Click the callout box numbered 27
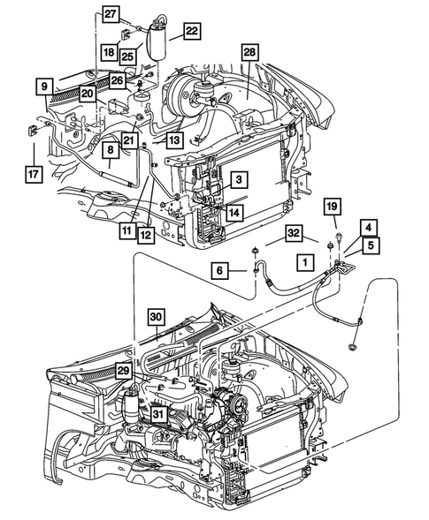click(110, 13)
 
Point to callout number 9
click(42, 87)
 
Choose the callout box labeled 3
click(238, 180)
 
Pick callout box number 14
click(233, 212)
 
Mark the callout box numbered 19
click(331, 207)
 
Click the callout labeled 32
click(295, 233)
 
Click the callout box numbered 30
click(156, 317)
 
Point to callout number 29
click(124, 374)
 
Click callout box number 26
click(118, 80)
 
